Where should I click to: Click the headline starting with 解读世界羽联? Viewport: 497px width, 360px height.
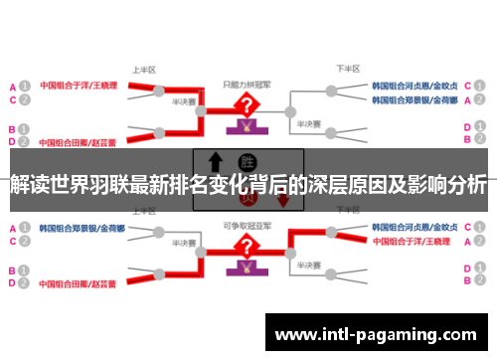[248, 186]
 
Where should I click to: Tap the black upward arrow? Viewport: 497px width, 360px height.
[214, 162]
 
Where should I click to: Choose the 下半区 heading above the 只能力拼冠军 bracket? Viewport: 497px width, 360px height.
[347, 70]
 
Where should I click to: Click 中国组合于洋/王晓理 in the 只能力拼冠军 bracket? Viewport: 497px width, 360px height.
[79, 86]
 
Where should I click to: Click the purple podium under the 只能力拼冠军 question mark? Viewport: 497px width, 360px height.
[243, 126]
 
